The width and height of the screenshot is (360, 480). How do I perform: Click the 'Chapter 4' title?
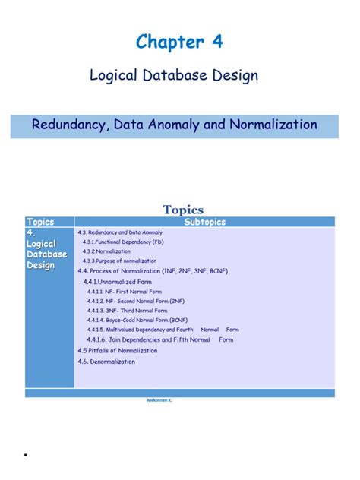[179, 43]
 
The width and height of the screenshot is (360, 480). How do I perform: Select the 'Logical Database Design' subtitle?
[174, 76]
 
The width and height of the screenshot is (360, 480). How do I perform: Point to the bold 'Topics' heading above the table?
[182, 210]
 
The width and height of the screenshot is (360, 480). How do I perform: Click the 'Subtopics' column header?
[204, 222]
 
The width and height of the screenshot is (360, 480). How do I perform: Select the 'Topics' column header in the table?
[40, 222]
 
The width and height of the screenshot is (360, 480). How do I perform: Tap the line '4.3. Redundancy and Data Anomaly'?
[120, 232]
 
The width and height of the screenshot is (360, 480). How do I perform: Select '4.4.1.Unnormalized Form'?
[124, 282]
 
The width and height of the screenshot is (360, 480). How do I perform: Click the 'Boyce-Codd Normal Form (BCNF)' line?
[137, 320]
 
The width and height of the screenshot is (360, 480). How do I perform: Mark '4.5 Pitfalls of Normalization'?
[118, 350]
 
